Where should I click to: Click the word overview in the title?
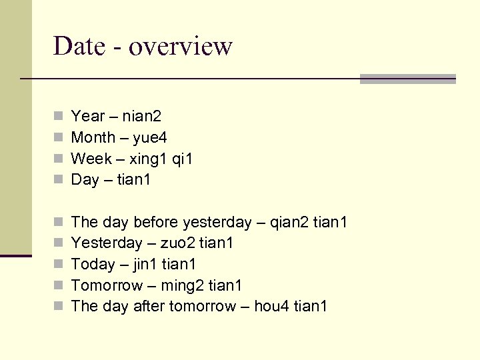[x=180, y=46]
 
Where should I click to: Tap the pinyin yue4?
[x=150, y=137]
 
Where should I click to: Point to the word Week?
[x=91, y=159]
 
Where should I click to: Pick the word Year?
[x=88, y=116]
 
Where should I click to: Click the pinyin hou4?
[x=273, y=307]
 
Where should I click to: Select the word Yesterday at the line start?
[x=107, y=243]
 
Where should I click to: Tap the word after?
[x=149, y=307]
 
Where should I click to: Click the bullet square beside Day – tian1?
[x=59, y=179]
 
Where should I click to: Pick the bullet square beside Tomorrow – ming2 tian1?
[x=59, y=285]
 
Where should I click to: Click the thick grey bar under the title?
[x=407, y=79]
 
